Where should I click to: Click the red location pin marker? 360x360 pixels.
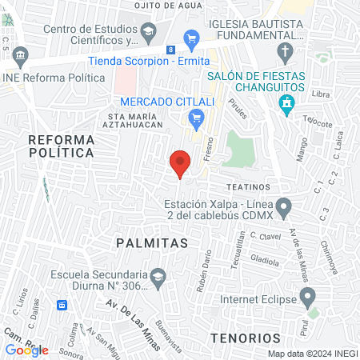tap(180, 163)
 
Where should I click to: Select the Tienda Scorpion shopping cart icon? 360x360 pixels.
tap(191, 38)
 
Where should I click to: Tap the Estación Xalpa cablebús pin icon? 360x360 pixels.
tap(286, 206)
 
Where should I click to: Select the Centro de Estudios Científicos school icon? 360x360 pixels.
tap(149, 31)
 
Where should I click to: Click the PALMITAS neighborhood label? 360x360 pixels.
tap(150, 242)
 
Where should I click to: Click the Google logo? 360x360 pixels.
tap(26, 350)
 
